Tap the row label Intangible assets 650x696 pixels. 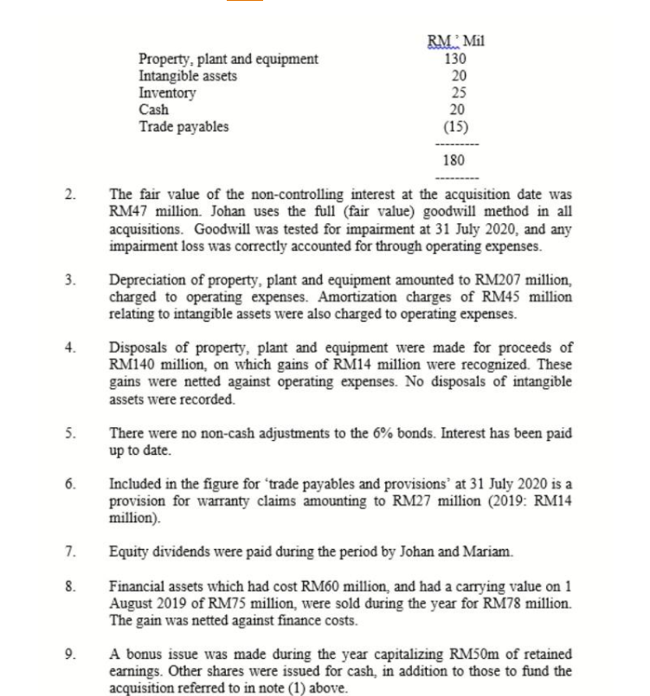pyautogui.click(x=188, y=76)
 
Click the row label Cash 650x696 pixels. pyautogui.click(x=154, y=110)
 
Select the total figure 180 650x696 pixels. pyautogui.click(x=454, y=161)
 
